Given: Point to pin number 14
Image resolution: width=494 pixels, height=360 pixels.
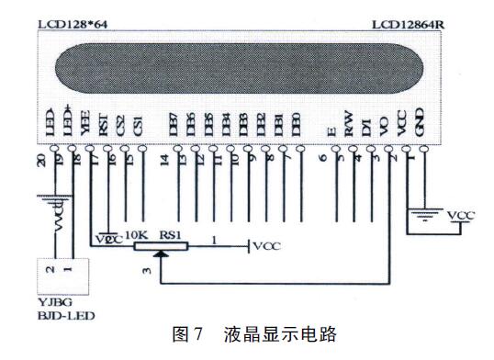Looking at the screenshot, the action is pos(163,160).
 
